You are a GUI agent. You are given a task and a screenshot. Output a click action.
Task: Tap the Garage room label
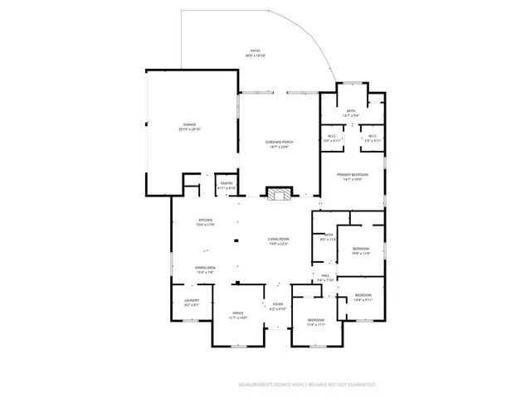[x=191, y=125]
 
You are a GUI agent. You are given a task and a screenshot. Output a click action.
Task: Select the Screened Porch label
[x=280, y=143]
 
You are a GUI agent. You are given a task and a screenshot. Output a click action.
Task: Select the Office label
[x=238, y=313]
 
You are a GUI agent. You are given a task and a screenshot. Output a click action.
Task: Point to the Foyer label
[x=278, y=304]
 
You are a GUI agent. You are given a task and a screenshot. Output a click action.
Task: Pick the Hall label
[x=325, y=276]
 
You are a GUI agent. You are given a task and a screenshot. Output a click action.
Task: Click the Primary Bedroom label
[x=353, y=175]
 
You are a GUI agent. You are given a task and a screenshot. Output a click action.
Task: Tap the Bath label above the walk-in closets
[x=351, y=110]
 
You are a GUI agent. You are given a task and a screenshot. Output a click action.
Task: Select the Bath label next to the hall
[x=328, y=235]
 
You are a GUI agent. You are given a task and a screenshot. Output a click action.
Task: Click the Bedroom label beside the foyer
[x=315, y=320]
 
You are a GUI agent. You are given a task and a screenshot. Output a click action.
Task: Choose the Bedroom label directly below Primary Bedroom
[x=361, y=249]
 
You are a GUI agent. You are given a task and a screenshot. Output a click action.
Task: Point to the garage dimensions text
[x=191, y=129]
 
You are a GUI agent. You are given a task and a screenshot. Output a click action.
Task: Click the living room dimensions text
[x=277, y=244]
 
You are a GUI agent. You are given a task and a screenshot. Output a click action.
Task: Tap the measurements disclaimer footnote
[x=308, y=385]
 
